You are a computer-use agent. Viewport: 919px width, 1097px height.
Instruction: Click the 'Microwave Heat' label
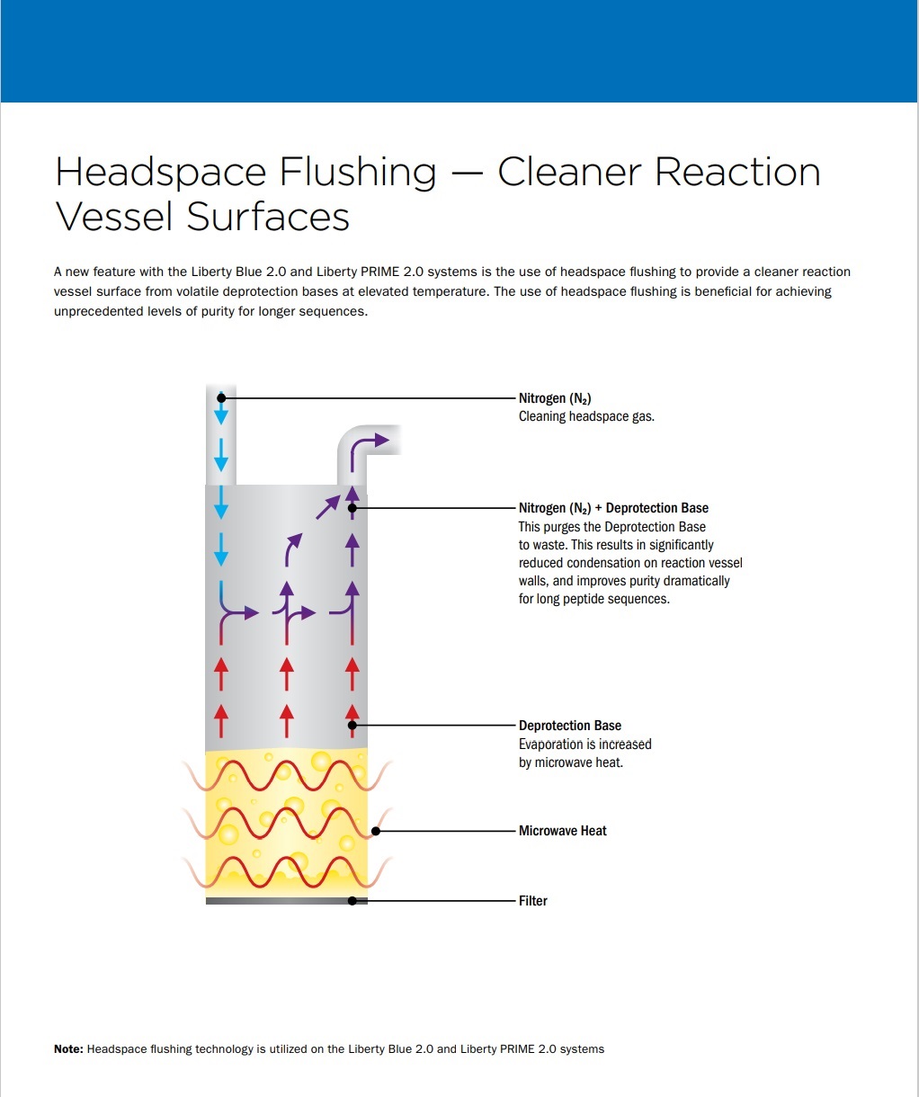562,831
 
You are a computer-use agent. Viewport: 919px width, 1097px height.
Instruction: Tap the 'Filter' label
533,900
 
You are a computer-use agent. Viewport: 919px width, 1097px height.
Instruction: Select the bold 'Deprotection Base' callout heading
569,726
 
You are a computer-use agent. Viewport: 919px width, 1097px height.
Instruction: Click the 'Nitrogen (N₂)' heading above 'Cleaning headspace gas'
555,398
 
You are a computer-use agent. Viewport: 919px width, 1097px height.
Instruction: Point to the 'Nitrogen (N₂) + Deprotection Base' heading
613,508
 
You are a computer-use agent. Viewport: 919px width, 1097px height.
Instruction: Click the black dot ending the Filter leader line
352,901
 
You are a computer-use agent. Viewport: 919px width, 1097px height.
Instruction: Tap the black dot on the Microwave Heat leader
376,831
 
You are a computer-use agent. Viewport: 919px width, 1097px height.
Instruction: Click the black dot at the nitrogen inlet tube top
221,398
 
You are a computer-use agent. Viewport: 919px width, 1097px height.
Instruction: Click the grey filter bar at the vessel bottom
286,901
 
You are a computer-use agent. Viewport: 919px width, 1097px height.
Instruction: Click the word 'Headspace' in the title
161,173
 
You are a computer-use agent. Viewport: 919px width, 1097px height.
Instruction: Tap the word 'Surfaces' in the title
268,217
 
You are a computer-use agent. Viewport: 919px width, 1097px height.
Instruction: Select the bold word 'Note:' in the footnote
68,1049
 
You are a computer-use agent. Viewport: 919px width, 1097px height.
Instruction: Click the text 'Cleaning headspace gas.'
586,416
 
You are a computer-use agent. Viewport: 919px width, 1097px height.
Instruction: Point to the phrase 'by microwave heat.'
571,763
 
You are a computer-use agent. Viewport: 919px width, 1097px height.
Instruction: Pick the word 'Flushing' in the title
358,173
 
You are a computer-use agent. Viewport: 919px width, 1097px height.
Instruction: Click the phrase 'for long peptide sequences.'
594,599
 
